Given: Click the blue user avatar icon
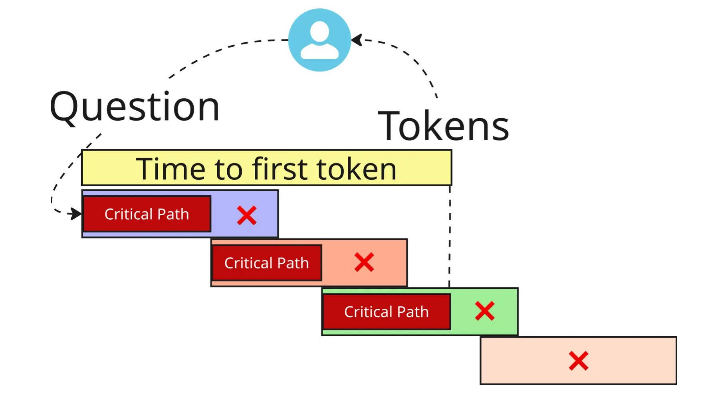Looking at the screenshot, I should click(319, 40).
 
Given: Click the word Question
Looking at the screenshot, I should click(135, 107).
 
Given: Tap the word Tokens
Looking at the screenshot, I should click(443, 126).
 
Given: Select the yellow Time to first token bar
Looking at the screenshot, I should click(266, 168).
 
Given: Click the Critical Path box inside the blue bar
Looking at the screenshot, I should click(147, 214).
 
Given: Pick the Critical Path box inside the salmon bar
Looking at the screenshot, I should click(266, 263).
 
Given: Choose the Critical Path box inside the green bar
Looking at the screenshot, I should click(386, 312).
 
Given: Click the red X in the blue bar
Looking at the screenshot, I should click(247, 216).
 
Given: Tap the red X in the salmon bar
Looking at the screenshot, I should click(364, 262).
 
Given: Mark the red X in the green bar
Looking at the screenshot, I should click(485, 311).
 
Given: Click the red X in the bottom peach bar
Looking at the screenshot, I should click(579, 361).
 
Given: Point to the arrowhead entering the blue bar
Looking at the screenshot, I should click(75, 214).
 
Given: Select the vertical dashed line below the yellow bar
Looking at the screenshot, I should click(450, 240).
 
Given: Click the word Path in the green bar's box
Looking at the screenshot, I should click(412, 312).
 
